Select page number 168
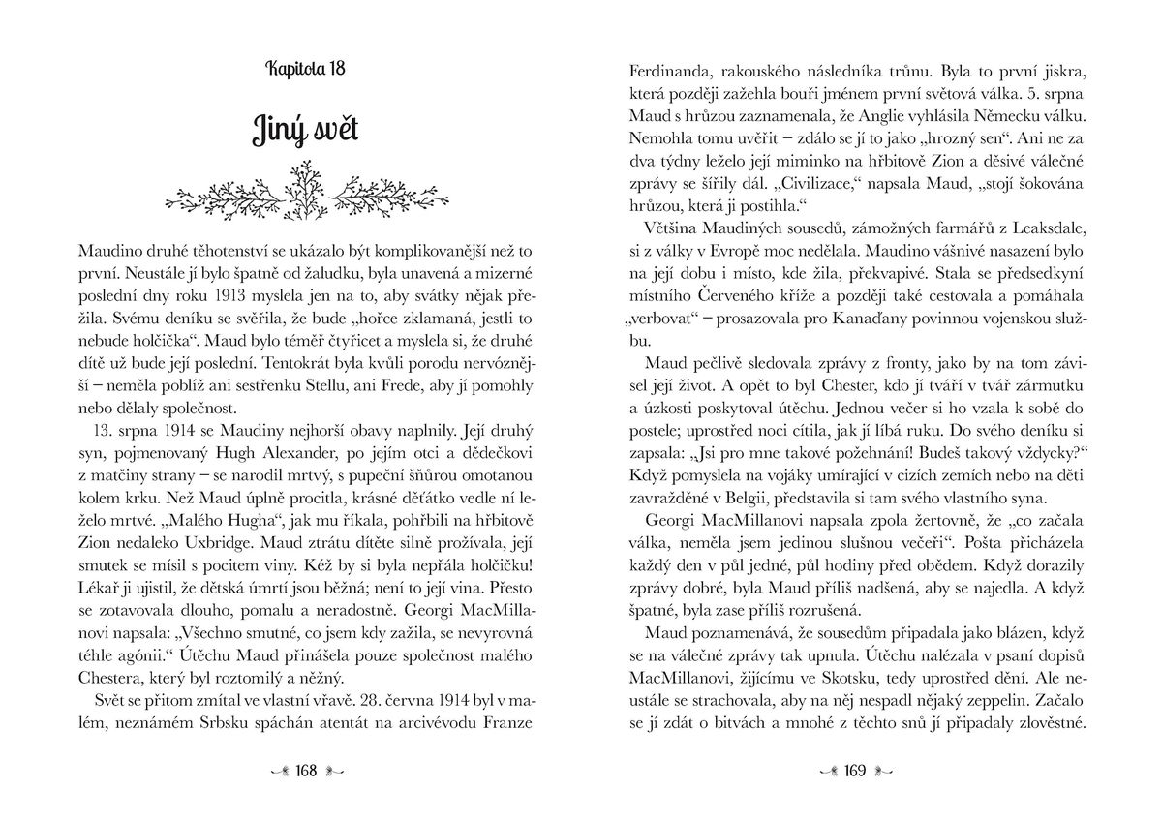point(306,772)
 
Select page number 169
point(854,772)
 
